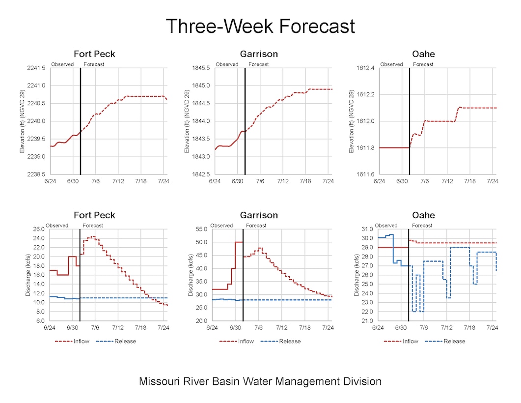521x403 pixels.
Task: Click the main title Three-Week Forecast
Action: click(x=260, y=26)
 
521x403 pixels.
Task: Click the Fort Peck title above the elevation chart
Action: click(x=94, y=54)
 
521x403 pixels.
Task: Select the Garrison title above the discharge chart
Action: click(x=259, y=215)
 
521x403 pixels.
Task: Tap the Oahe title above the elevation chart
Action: click(x=423, y=54)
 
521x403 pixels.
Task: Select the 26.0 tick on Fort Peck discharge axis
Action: click(x=37, y=229)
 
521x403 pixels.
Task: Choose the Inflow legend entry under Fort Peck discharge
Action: click(x=79, y=341)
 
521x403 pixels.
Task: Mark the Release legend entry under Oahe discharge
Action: click(x=454, y=341)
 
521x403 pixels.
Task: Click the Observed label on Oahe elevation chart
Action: click(x=391, y=64)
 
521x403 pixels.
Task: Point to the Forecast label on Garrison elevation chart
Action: click(x=259, y=64)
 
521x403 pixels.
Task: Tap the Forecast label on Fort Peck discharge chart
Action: click(x=93, y=226)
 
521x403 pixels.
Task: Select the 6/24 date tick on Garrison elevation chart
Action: click(x=215, y=181)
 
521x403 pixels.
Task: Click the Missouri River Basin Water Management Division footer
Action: click(x=260, y=381)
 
